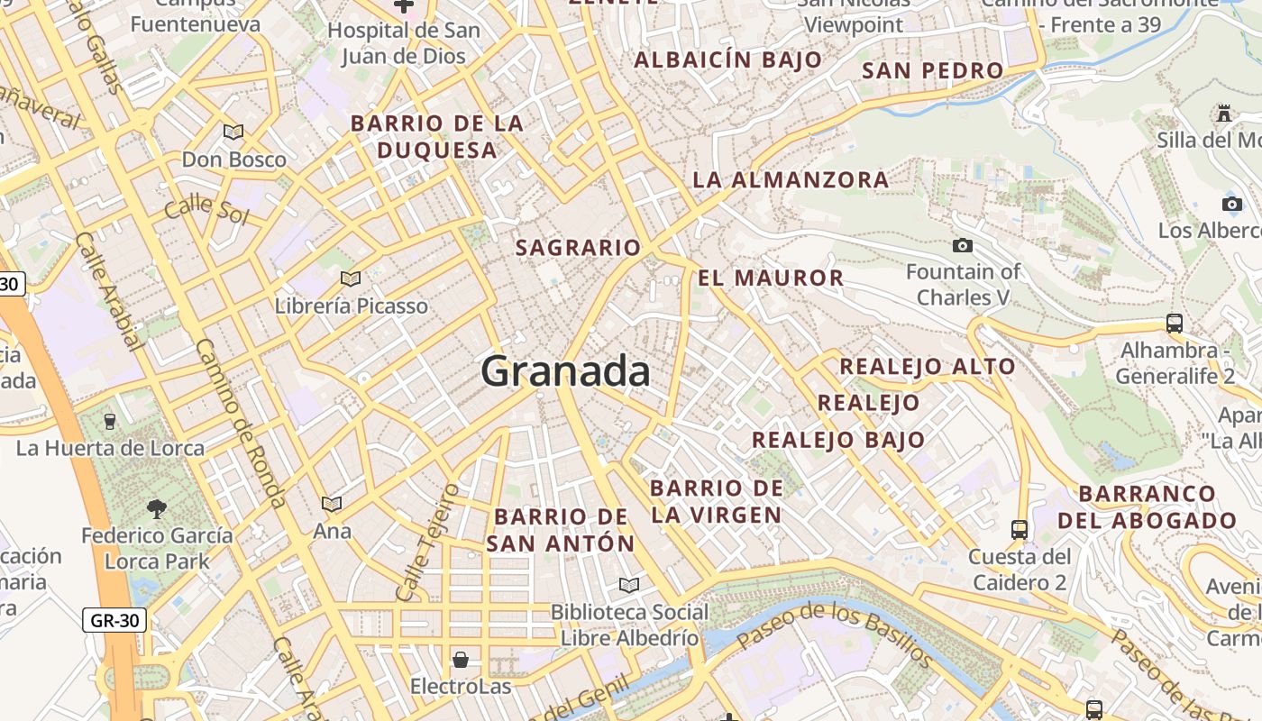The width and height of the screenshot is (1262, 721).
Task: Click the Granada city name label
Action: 565,370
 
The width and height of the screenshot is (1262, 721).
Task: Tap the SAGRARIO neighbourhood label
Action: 578,247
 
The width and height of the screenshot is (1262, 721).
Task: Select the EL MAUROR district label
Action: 771,278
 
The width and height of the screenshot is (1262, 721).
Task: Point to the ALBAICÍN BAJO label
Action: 728,60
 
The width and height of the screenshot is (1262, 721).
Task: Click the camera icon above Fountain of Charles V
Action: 963,245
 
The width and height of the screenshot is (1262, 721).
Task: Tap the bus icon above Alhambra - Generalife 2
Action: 1174,323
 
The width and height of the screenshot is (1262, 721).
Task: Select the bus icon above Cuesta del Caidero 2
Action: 1020,529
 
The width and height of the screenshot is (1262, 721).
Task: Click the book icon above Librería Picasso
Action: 351,278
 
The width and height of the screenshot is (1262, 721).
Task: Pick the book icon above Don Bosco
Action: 233,132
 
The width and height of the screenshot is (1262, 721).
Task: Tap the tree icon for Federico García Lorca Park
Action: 157,508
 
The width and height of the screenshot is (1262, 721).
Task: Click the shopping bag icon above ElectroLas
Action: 461,660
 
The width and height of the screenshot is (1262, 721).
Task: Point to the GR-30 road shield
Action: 114,620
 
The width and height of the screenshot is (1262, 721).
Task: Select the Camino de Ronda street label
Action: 240,424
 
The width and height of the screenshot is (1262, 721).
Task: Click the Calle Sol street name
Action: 206,208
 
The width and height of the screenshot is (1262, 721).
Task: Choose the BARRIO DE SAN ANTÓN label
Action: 561,530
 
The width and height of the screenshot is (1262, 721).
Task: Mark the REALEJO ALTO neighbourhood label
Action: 928,367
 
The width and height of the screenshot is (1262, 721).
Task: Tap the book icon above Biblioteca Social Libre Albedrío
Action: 629,585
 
